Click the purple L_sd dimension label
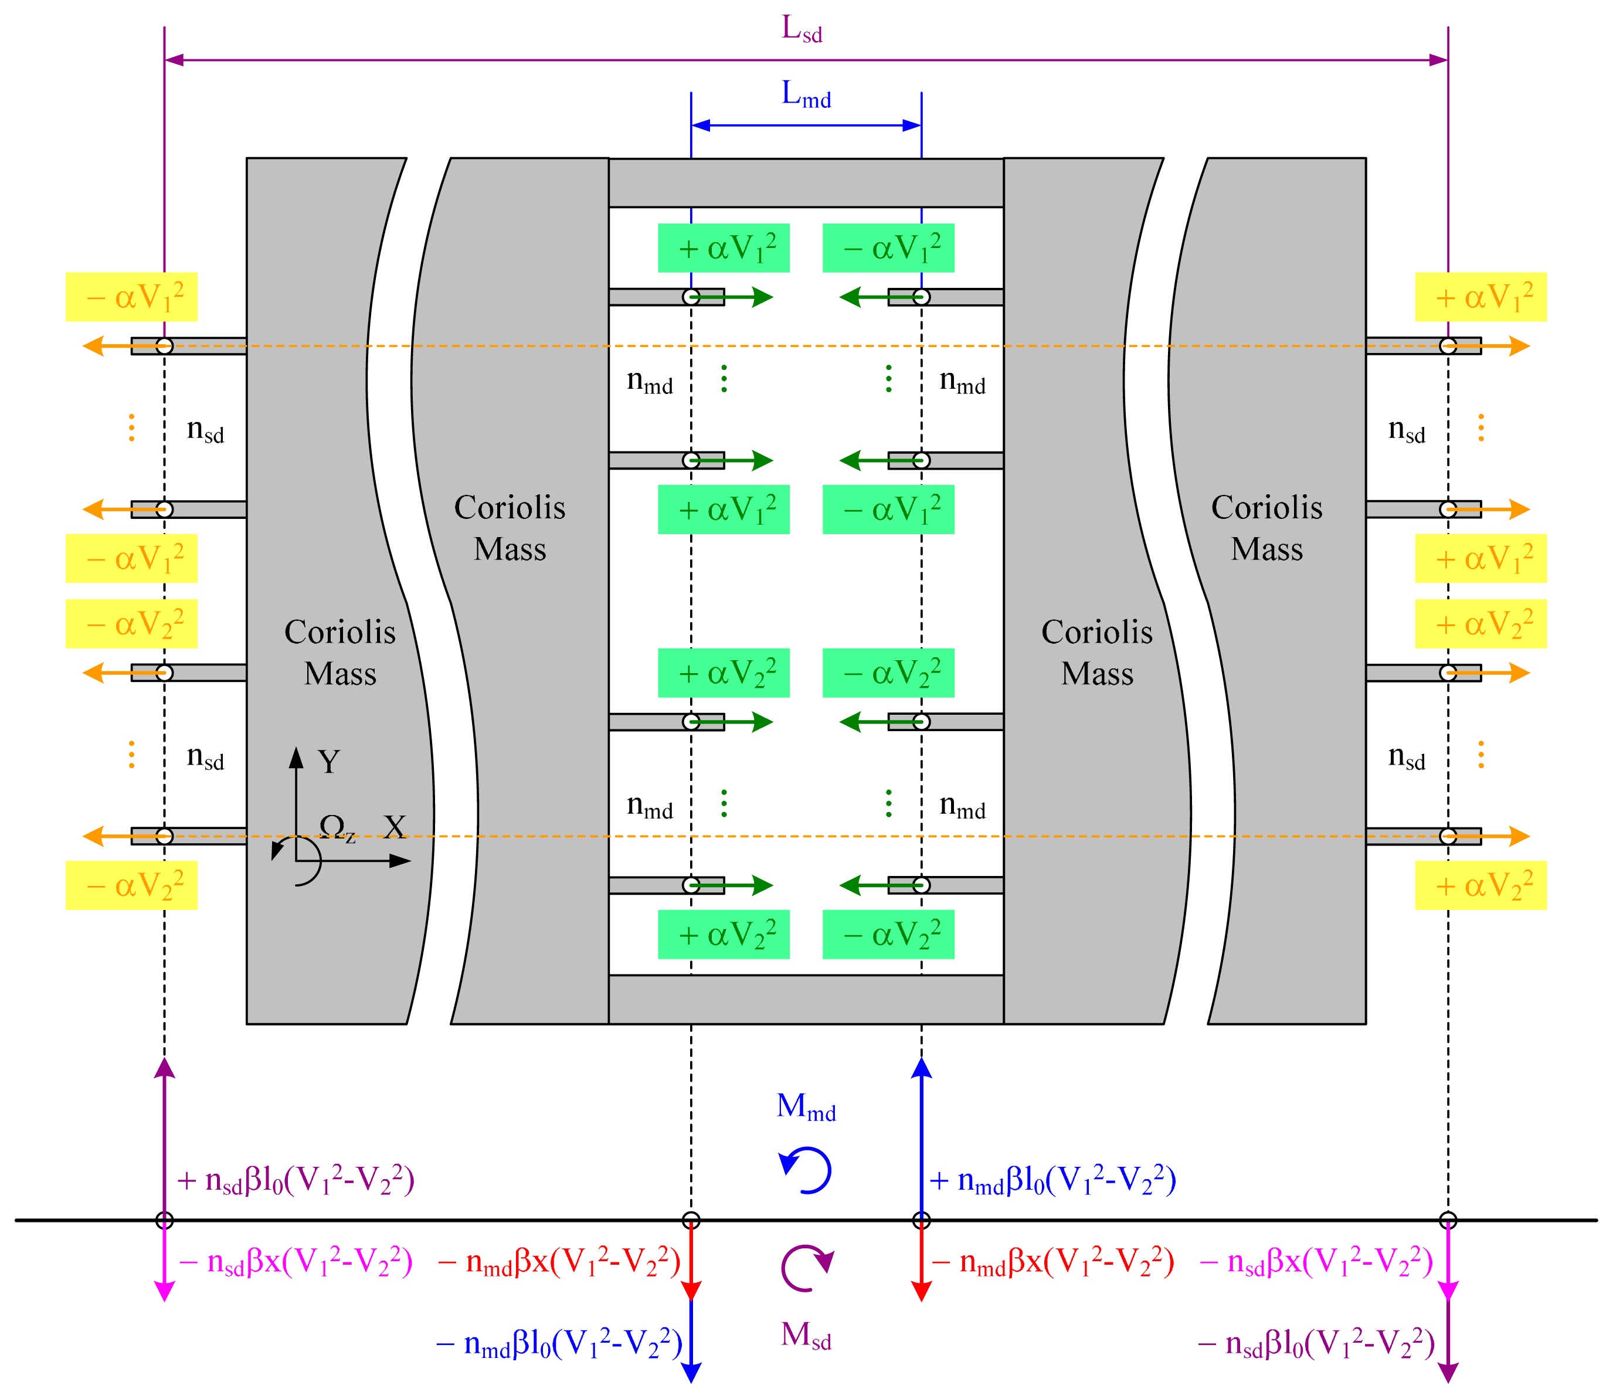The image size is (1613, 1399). tap(802, 30)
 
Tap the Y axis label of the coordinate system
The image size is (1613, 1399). tap(329, 761)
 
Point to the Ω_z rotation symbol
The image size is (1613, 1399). tap(337, 827)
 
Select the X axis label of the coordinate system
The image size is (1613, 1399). tap(394, 827)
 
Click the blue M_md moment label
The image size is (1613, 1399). tap(806, 1107)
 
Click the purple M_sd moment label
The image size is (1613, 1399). tap(806, 1336)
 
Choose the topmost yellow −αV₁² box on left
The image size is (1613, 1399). tap(131, 297)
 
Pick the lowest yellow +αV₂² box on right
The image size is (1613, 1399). tap(1480, 885)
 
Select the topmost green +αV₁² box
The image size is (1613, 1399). tap(724, 248)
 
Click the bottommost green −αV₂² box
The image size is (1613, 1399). tap(888, 935)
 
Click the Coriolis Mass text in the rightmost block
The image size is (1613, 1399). tap(1266, 528)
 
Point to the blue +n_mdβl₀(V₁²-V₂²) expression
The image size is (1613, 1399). tap(1052, 1180)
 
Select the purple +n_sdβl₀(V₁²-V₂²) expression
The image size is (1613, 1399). tap(295, 1180)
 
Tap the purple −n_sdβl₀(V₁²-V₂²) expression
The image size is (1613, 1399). tap(1316, 1343)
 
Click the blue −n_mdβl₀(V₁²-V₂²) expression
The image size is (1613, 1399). tap(559, 1343)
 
